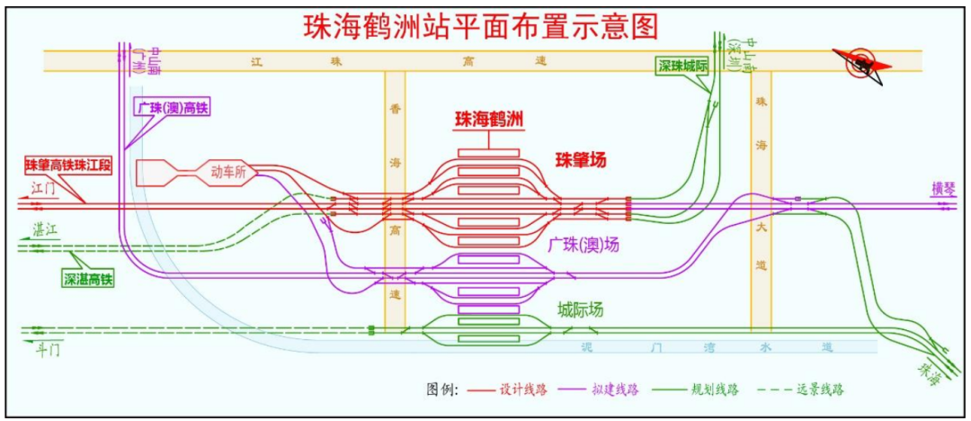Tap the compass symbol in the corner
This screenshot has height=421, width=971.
[862, 63]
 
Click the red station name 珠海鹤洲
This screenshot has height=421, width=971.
[489, 119]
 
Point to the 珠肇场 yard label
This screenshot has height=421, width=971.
[580, 160]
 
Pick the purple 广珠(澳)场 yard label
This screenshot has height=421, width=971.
[583, 245]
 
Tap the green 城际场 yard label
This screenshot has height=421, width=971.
[580, 310]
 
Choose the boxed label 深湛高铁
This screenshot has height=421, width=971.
[88, 279]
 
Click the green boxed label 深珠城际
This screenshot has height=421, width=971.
[683, 66]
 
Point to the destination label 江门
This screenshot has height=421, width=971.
[41, 189]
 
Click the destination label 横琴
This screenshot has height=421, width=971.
[945, 188]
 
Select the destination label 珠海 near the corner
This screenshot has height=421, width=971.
[931, 371]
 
